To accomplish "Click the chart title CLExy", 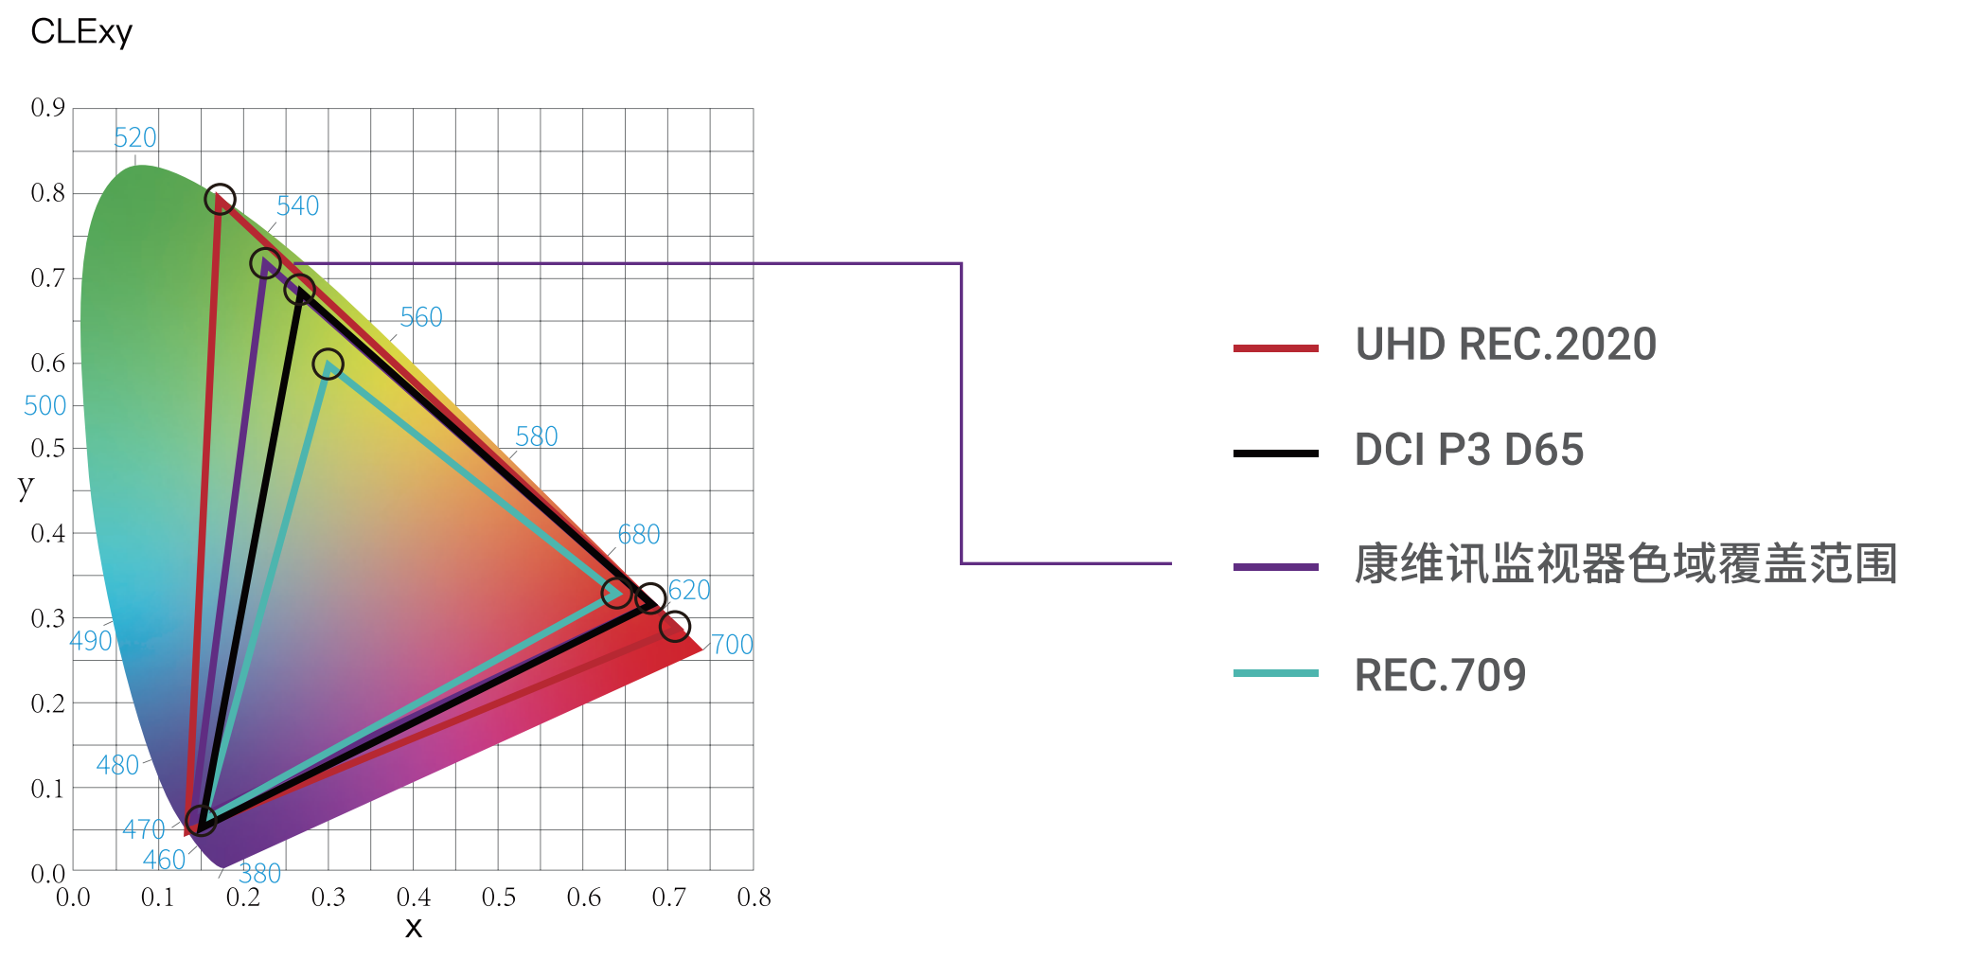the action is [x=81, y=32].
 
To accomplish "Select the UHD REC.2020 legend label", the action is [x=1505, y=345].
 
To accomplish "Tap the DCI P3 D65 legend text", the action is [x=1468, y=450].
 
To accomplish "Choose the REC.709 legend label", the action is [x=1440, y=676].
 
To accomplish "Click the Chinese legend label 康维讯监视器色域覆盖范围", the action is [x=1625, y=564].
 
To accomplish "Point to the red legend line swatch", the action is [x=1275, y=348].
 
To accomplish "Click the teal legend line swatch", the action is [x=1275, y=673].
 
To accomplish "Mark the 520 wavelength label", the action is [x=135, y=138].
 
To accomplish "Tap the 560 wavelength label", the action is [x=421, y=317].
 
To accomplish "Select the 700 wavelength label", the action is [x=732, y=645].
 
